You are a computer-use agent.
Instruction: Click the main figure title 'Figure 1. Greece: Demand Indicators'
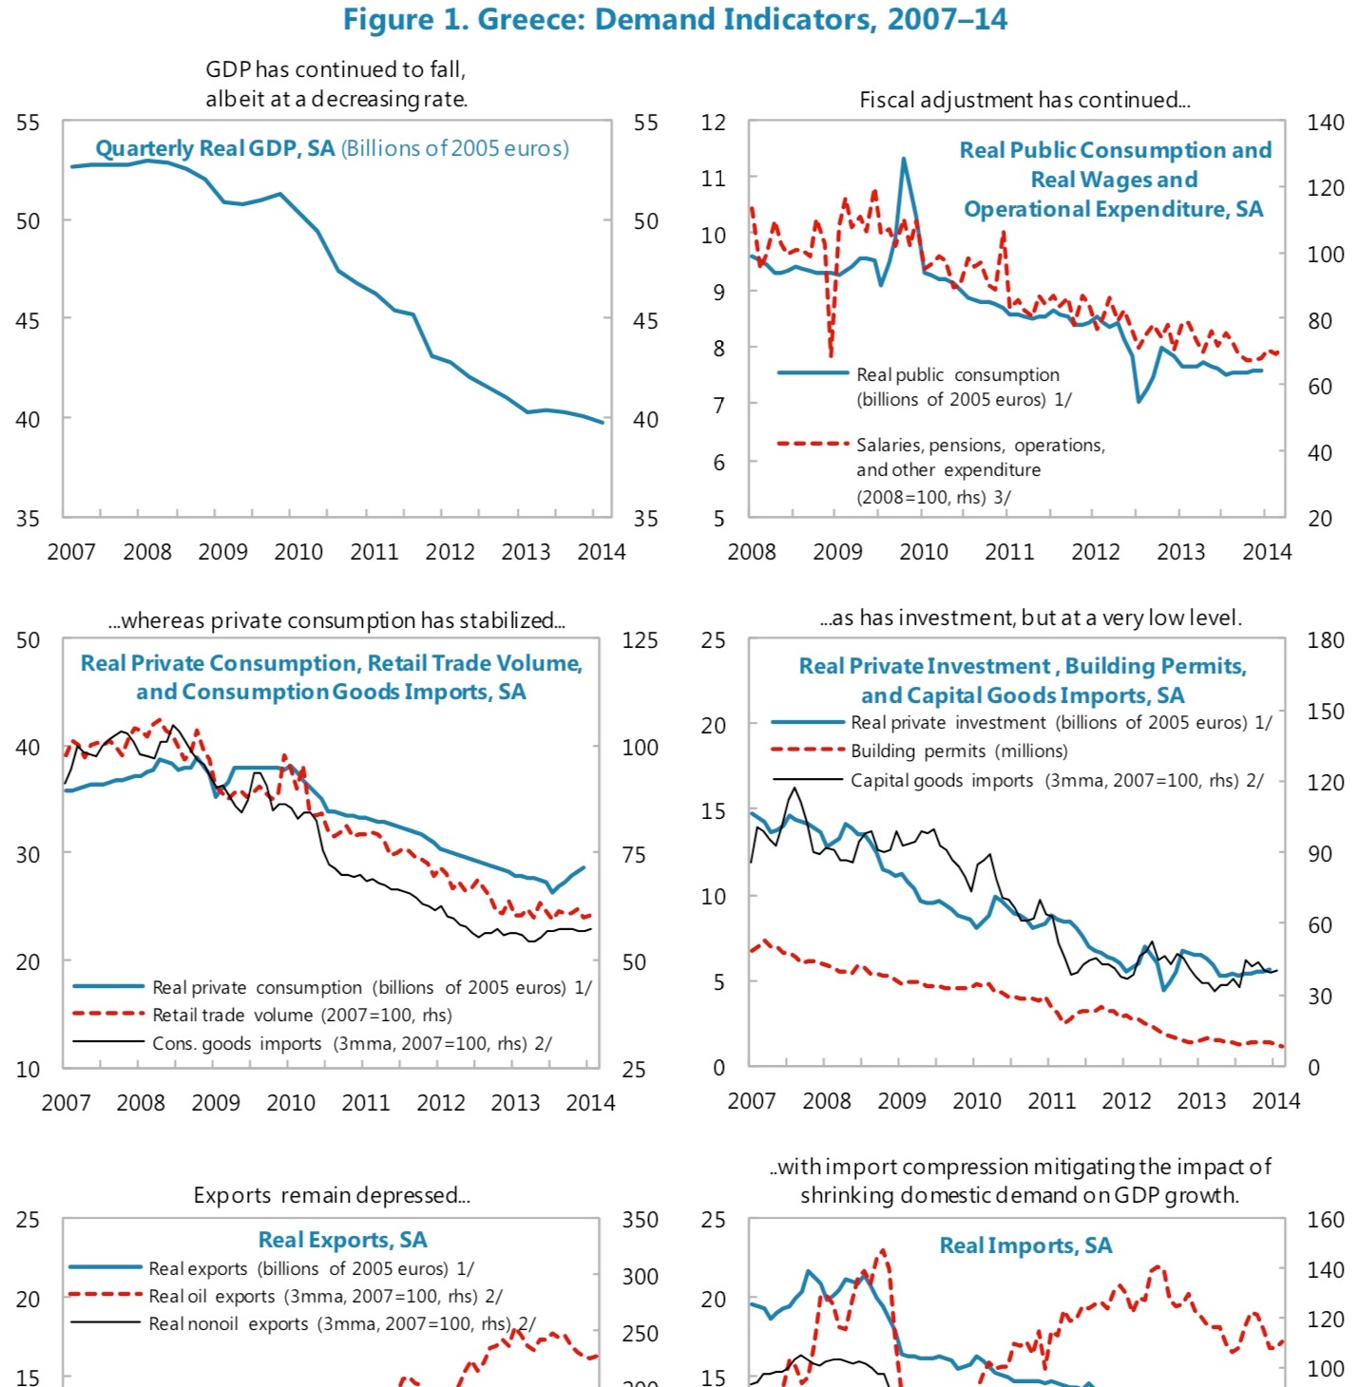(x=675, y=20)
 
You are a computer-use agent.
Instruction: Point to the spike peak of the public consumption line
(x=904, y=159)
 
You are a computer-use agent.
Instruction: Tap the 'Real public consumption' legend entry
(x=957, y=375)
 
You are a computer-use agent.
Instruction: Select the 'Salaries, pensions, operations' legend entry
(x=980, y=446)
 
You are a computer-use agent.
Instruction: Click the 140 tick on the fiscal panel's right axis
(x=1325, y=123)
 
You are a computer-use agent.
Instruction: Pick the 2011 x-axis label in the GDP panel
(x=373, y=552)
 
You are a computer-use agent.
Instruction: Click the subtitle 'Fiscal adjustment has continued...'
(x=1024, y=100)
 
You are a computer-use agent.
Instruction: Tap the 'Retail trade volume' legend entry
(x=301, y=1016)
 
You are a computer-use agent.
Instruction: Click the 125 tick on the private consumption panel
(x=640, y=640)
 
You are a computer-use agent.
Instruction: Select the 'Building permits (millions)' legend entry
(x=958, y=751)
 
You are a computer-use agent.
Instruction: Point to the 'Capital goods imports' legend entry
(x=1056, y=781)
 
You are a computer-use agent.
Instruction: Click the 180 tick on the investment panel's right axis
(x=1325, y=640)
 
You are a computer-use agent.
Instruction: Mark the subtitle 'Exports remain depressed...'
(x=332, y=1195)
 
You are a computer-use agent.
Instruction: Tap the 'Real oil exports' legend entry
(x=325, y=1297)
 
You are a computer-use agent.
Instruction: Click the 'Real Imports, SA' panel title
(x=1025, y=1245)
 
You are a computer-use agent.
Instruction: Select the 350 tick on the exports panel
(x=640, y=1220)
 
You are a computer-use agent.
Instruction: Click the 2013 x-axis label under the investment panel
(x=1200, y=1101)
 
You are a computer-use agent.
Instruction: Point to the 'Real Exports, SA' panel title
(x=343, y=1240)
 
